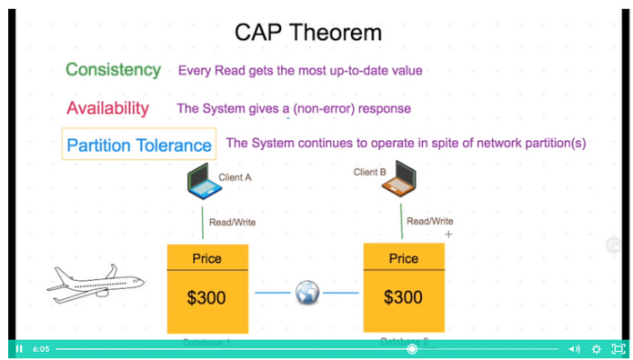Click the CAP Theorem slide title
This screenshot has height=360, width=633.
pyautogui.click(x=307, y=33)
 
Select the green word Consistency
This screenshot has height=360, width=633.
pyautogui.click(x=113, y=70)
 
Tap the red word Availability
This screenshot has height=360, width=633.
pyautogui.click(x=107, y=108)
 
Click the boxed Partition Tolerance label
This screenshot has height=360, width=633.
pyautogui.click(x=139, y=145)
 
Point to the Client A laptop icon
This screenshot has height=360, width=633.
pyautogui.click(x=203, y=184)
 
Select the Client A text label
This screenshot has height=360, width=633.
pyautogui.click(x=236, y=177)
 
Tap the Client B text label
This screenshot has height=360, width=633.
pyautogui.click(x=370, y=172)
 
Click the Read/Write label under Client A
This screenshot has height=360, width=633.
pyautogui.click(x=232, y=223)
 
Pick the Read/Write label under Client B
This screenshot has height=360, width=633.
pyautogui.click(x=429, y=221)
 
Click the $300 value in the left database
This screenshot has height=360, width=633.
pyautogui.click(x=206, y=298)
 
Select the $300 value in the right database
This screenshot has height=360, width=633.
pyautogui.click(x=403, y=297)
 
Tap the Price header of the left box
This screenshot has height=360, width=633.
pyautogui.click(x=206, y=259)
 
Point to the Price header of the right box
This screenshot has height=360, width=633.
pyautogui.click(x=403, y=259)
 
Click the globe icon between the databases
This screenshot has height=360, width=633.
pyautogui.click(x=307, y=293)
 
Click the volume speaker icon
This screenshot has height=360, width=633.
pyautogui.click(x=574, y=348)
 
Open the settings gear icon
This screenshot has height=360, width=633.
pyautogui.click(x=597, y=348)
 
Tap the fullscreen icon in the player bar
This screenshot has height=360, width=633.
pyautogui.click(x=618, y=348)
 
